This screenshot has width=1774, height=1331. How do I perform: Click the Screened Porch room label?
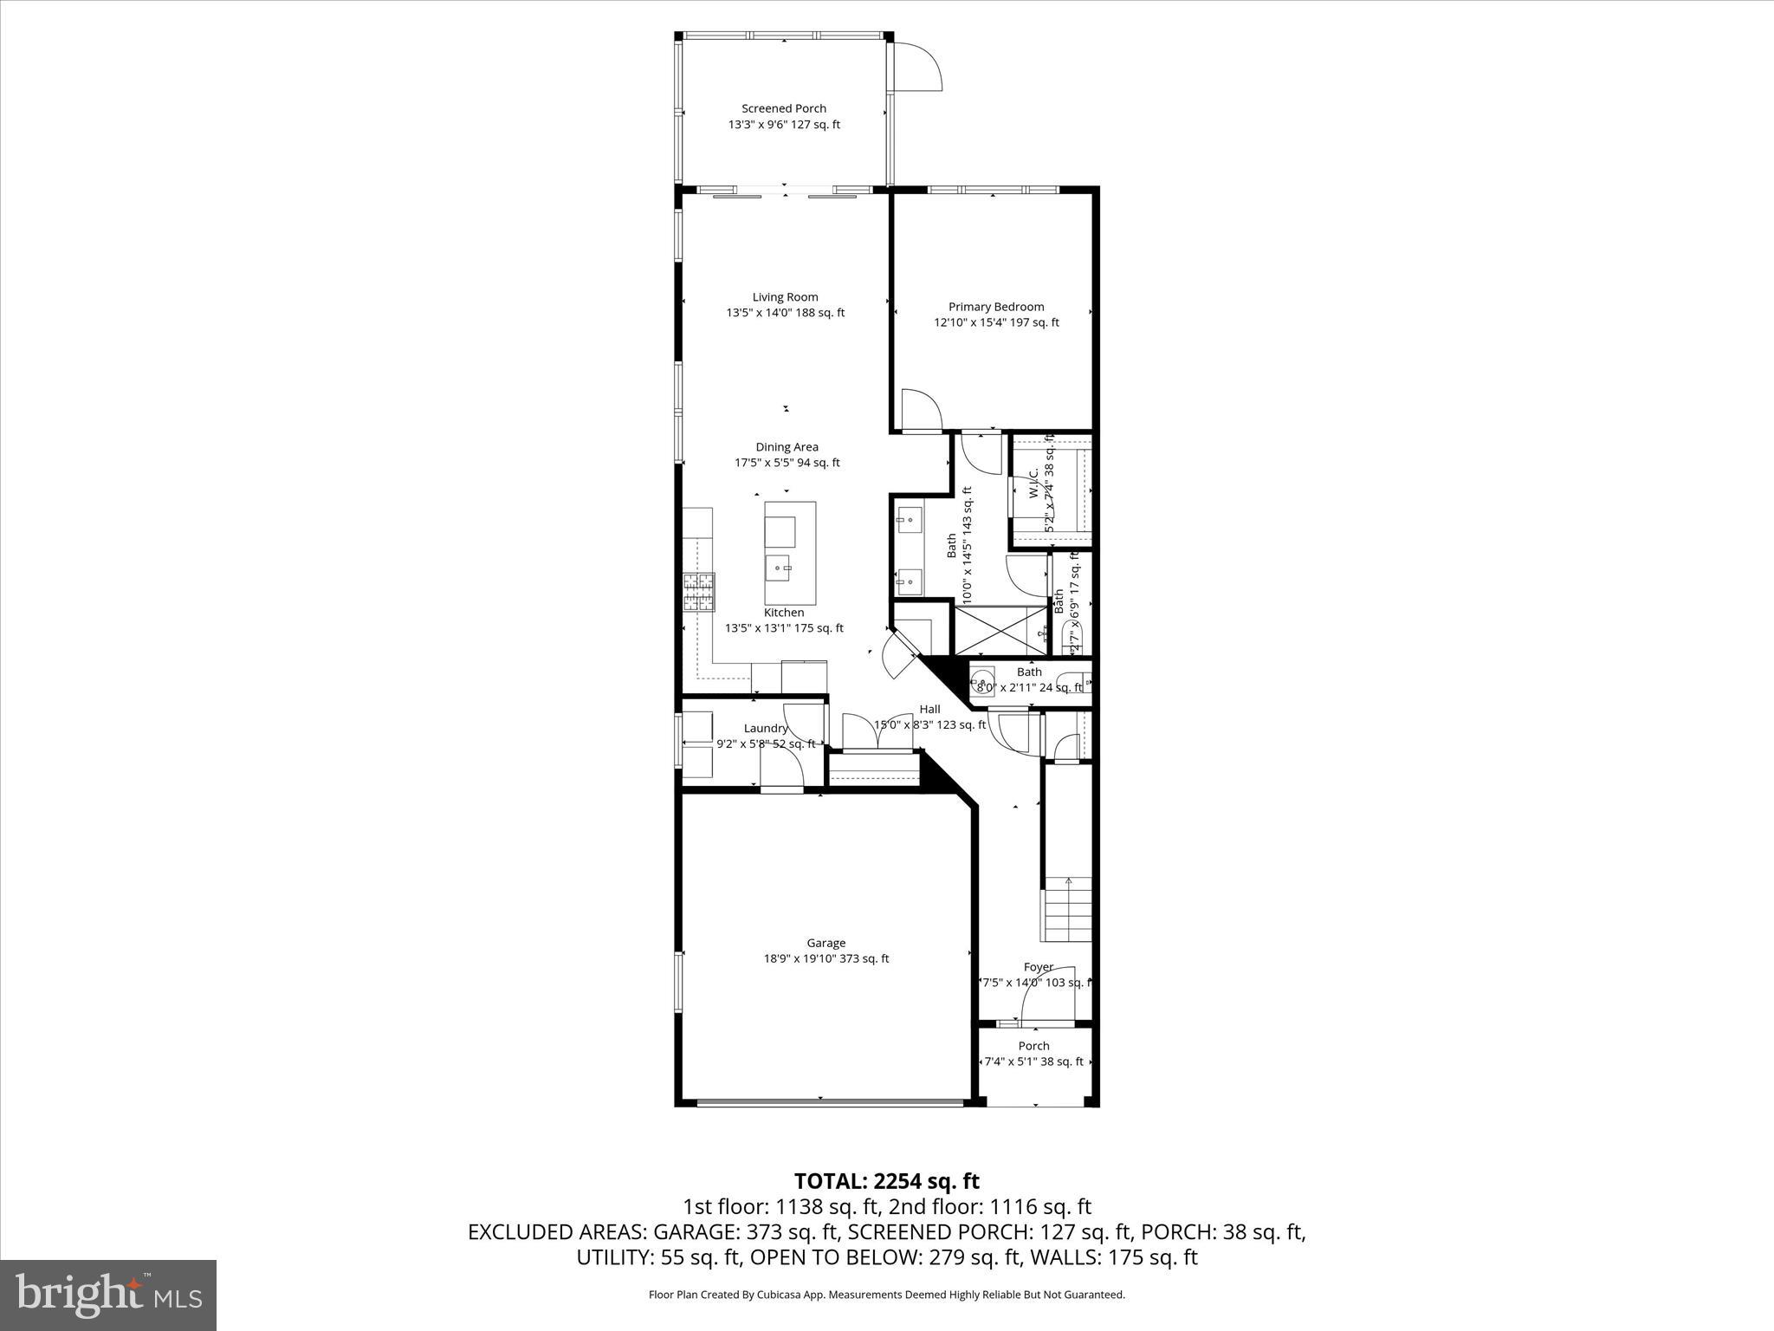[783, 108]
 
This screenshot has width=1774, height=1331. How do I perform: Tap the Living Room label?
[785, 297]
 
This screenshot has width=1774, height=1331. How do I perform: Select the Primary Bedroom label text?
[996, 307]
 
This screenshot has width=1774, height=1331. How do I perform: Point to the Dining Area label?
[787, 447]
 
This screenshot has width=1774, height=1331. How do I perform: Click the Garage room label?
[825, 943]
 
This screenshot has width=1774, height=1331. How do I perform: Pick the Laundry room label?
[766, 729]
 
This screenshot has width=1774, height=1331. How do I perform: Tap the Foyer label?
[1038, 967]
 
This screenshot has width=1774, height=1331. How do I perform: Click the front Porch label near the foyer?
[1033, 1046]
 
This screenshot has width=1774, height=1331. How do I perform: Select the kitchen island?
[790, 553]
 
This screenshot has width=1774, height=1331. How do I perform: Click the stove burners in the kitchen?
[700, 594]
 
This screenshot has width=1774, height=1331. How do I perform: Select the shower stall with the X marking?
[1000, 630]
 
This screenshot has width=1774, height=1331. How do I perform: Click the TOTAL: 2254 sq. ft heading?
[886, 1181]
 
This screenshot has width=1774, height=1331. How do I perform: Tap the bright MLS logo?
[108, 1295]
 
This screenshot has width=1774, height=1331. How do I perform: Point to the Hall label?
[929, 709]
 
